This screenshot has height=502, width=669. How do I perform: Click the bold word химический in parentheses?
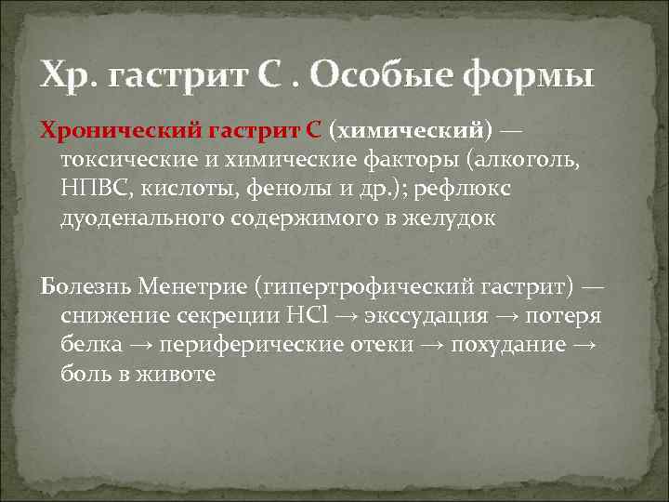coord(407,128)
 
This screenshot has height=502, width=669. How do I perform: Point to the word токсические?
coord(119,159)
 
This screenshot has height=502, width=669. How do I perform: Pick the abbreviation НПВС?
coord(92,189)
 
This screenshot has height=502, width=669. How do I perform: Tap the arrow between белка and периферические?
coord(142,345)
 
